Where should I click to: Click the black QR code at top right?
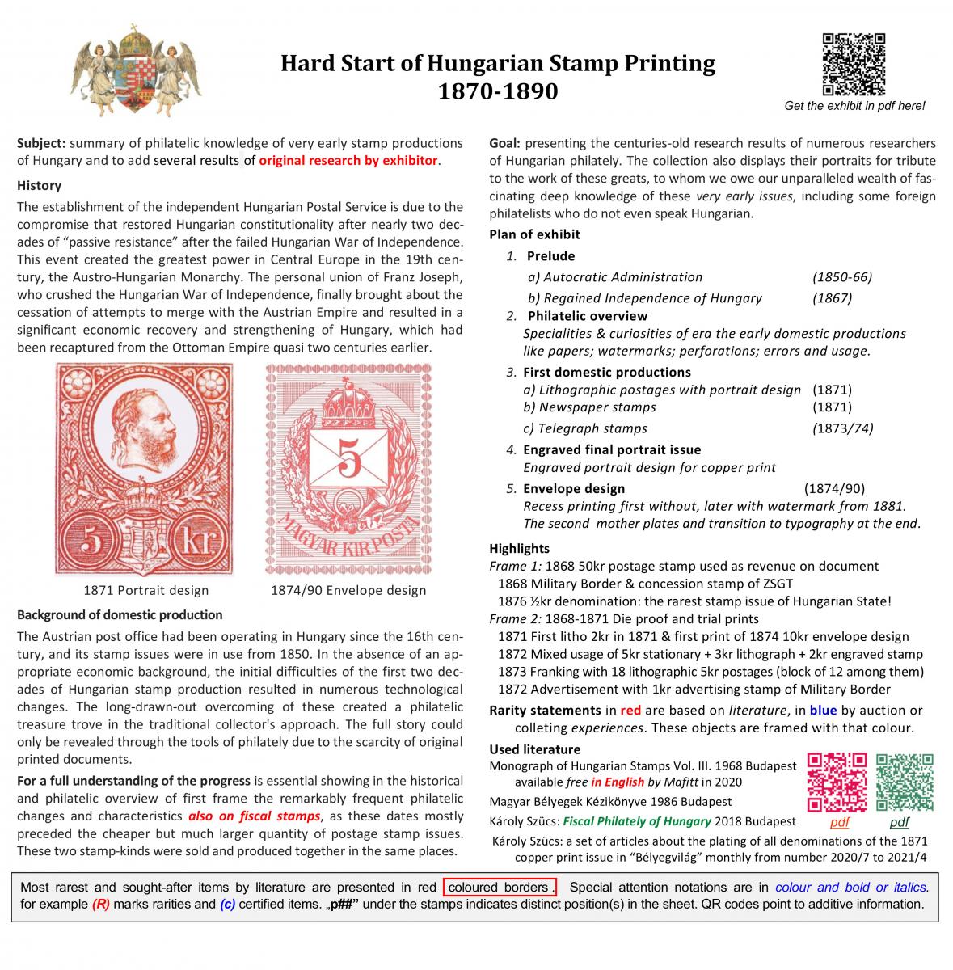coord(854,64)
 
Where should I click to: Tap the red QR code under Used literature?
coord(837,782)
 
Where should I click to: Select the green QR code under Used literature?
coord(905,782)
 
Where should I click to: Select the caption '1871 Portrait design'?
coord(146,590)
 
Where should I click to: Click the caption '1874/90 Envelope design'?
coord(348,590)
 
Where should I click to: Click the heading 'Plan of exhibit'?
coord(534,234)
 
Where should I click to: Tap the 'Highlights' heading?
coord(519,548)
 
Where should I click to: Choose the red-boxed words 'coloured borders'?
coord(498,887)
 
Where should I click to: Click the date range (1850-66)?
coord(842,277)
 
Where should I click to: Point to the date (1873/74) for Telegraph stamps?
coord(842,428)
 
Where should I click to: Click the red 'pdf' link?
coord(840,822)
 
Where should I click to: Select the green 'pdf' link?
coord(899,822)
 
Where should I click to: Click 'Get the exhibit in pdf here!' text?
coord(854,106)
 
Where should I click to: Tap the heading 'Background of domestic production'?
coord(120,614)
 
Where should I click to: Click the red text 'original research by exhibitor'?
coord(348,160)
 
